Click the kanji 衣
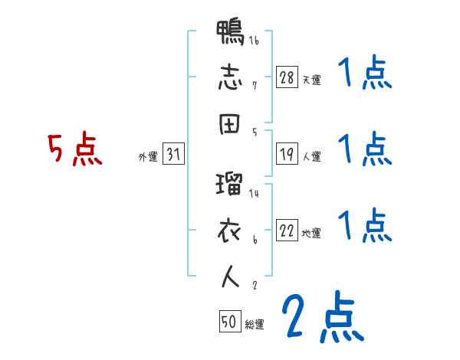point(230,229)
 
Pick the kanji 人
point(230,277)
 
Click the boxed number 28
point(287,78)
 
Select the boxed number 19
point(287,154)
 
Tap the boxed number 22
point(287,231)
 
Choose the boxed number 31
point(173,154)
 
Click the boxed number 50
point(229,322)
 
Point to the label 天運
point(311,80)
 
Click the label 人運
point(311,156)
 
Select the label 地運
point(311,233)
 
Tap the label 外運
point(147,156)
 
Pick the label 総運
point(254,324)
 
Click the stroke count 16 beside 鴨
point(254,41)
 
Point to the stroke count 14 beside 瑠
point(254,194)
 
